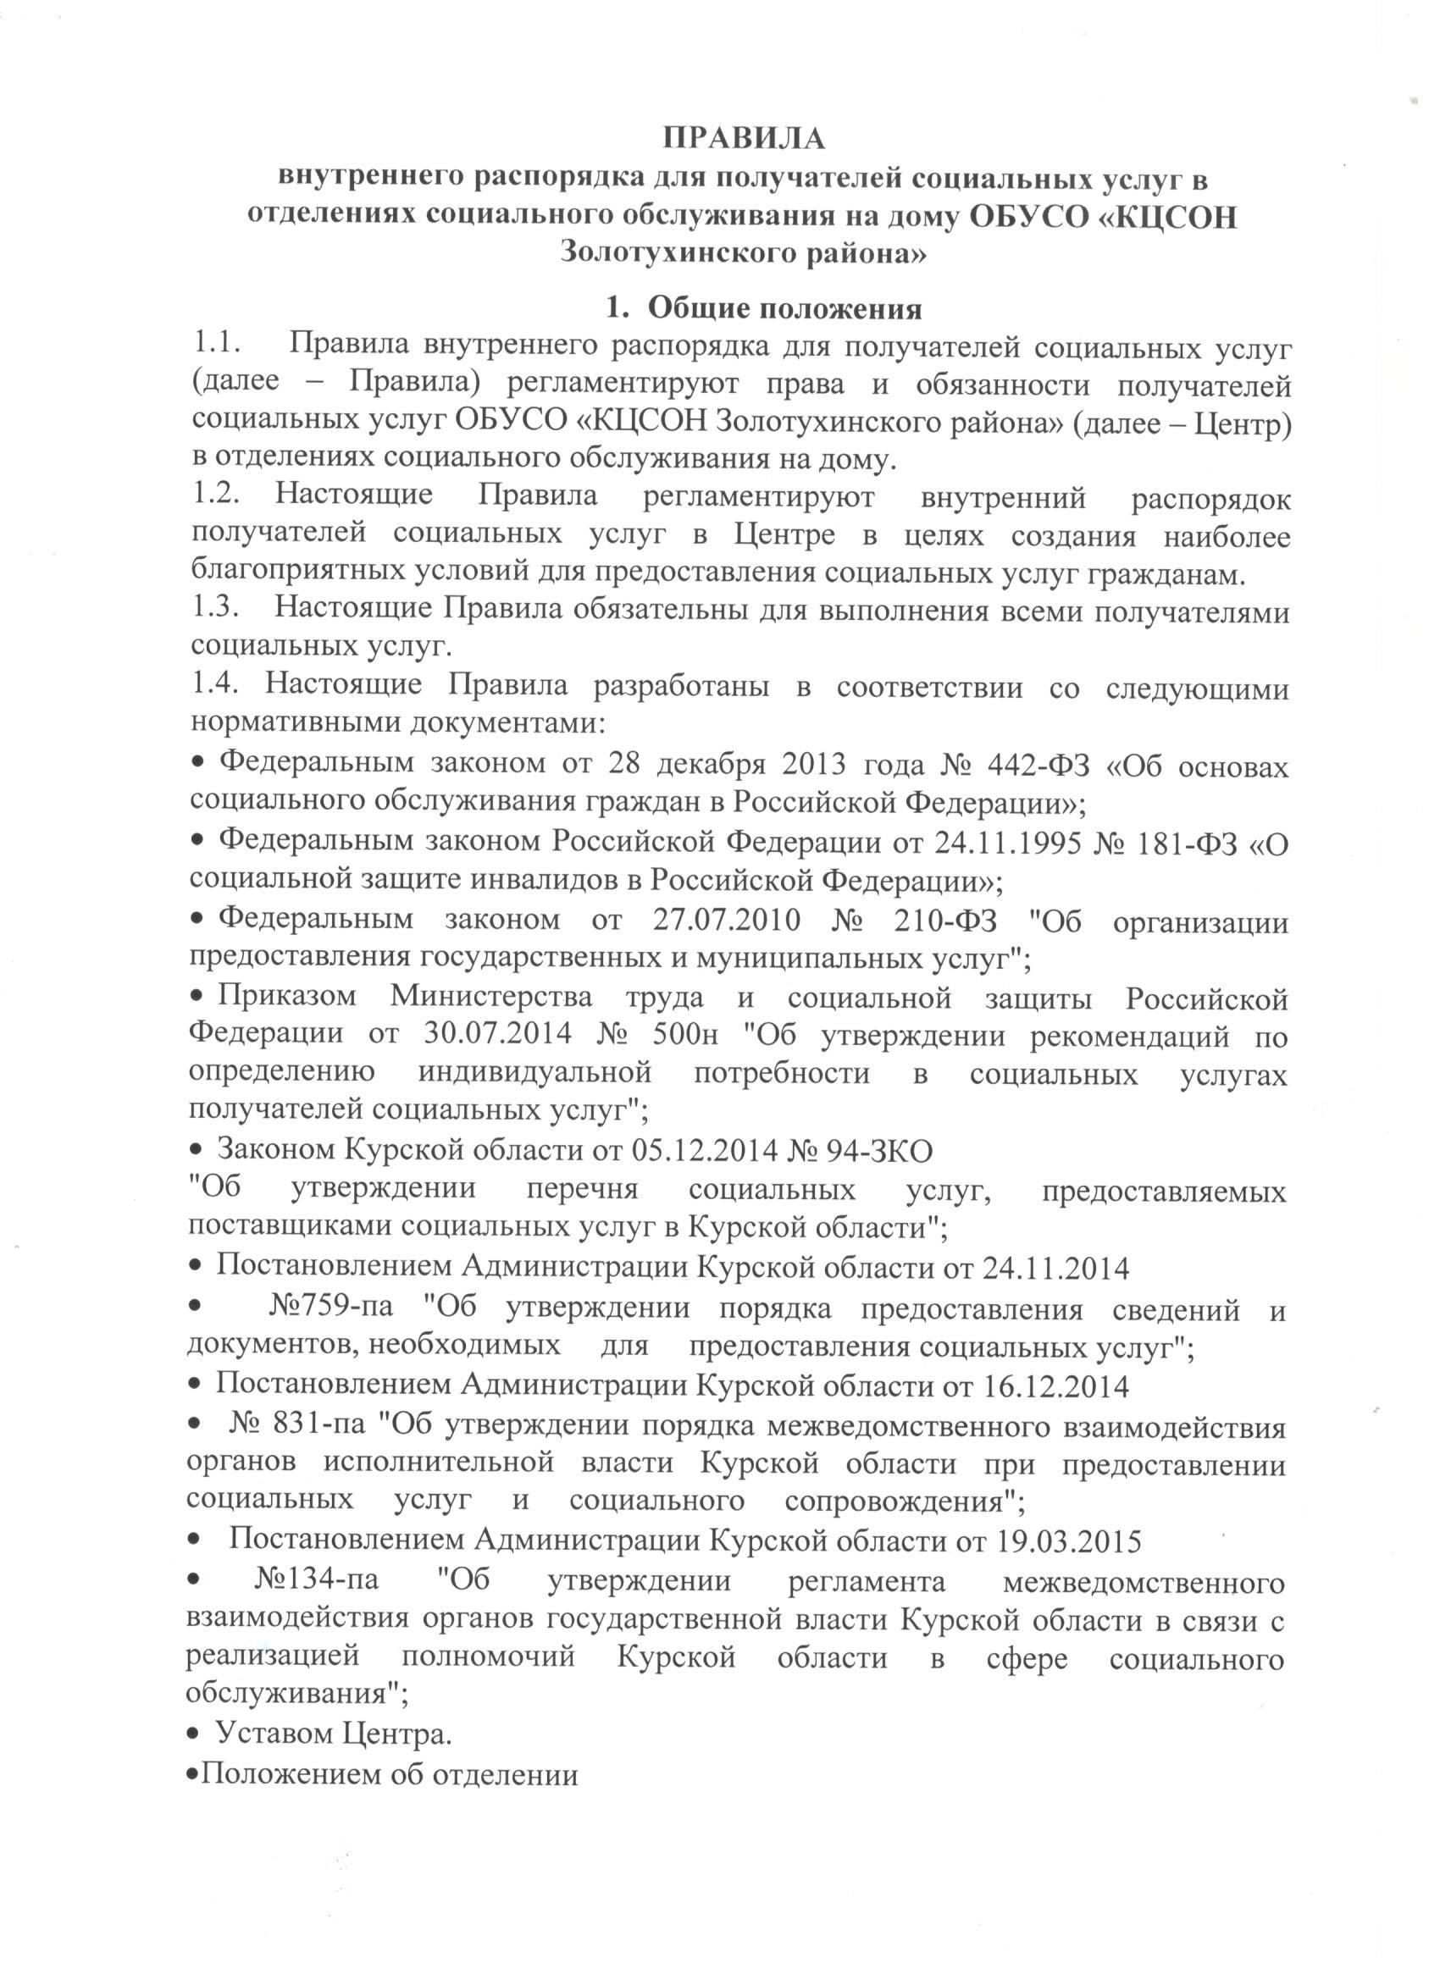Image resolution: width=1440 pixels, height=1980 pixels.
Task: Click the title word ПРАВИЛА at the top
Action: tap(743, 138)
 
